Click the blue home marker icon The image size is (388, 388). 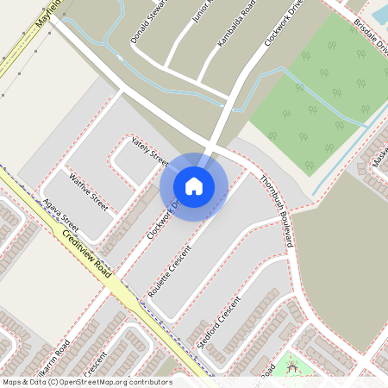(194, 185)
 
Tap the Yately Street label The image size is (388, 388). (149, 149)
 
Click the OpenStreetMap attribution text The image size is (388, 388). (87, 382)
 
